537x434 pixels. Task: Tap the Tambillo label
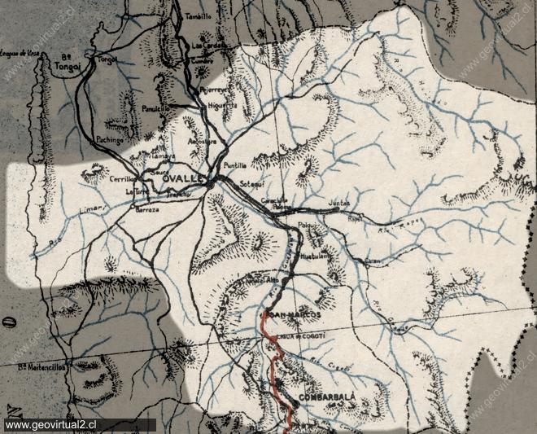click(198, 16)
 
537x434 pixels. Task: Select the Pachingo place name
click(110, 139)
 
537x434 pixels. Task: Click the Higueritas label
click(222, 105)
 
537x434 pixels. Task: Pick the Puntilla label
click(235, 164)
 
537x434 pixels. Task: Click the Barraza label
click(146, 209)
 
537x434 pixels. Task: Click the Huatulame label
click(314, 255)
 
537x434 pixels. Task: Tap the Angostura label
click(203, 140)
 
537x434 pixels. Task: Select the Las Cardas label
click(208, 46)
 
